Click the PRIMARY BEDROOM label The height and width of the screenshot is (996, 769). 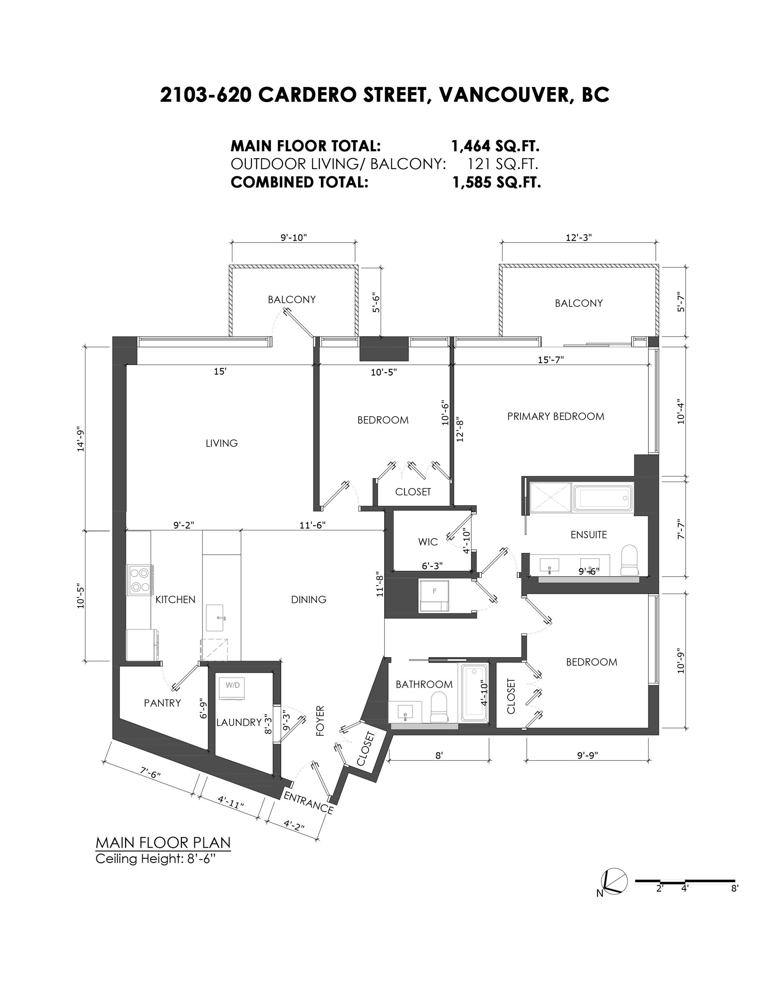[x=555, y=416]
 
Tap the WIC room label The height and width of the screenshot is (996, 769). [x=428, y=542]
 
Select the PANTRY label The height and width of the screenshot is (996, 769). [x=162, y=703]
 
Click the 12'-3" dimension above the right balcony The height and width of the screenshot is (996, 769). [x=578, y=238]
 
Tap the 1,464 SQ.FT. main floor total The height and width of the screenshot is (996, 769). [x=495, y=147]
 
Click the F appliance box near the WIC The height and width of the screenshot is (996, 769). [x=434, y=596]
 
